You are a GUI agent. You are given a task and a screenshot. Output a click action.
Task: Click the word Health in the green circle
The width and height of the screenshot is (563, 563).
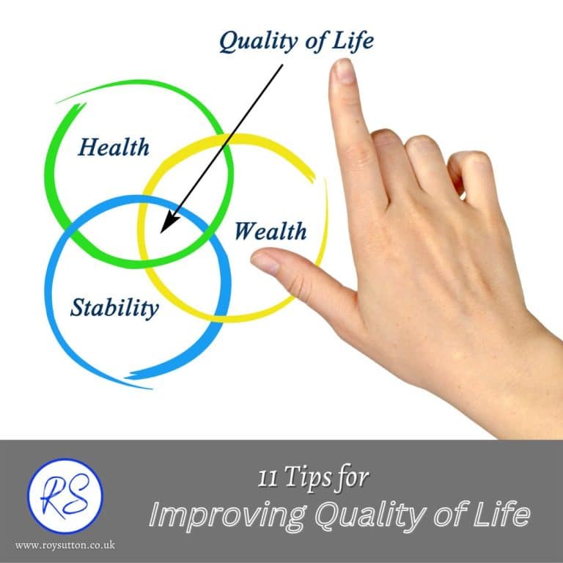114,147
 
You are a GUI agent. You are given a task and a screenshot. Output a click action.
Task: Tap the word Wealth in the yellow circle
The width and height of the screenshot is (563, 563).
270,232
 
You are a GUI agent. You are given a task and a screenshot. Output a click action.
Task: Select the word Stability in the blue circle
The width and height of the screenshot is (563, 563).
114,307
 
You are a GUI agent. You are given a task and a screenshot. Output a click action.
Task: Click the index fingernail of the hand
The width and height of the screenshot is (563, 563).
342,70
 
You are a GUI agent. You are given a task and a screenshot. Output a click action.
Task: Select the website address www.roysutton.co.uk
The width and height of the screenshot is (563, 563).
65,545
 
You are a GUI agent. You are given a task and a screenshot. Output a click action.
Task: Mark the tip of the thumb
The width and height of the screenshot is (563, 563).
254,257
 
